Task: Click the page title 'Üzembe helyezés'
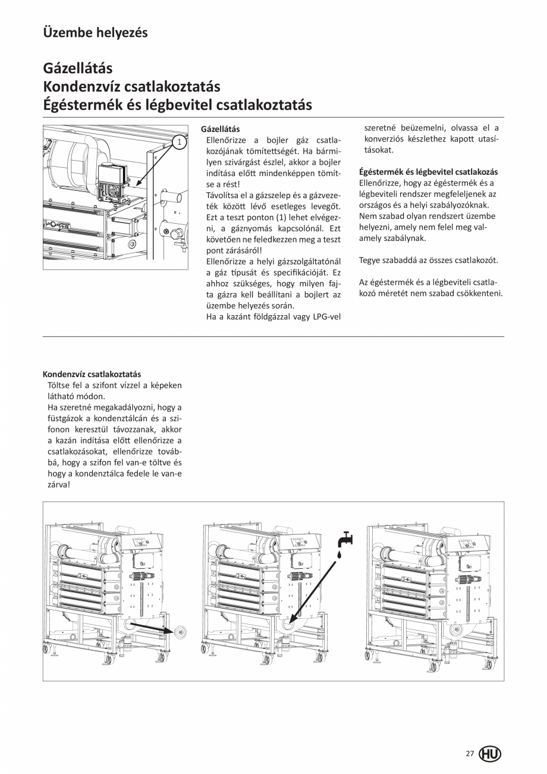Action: [95, 32]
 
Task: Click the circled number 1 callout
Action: [178, 142]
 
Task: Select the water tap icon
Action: [344, 540]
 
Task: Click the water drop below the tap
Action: [339, 554]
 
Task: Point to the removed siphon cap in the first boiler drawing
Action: [180, 631]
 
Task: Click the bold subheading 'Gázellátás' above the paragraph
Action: [221, 129]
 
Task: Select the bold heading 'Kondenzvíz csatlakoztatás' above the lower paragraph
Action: [92, 374]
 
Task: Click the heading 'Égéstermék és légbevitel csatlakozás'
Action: [429, 172]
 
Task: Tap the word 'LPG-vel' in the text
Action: [326, 317]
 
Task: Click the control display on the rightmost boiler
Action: [466, 543]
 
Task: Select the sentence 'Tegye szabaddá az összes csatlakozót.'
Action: [428, 261]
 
